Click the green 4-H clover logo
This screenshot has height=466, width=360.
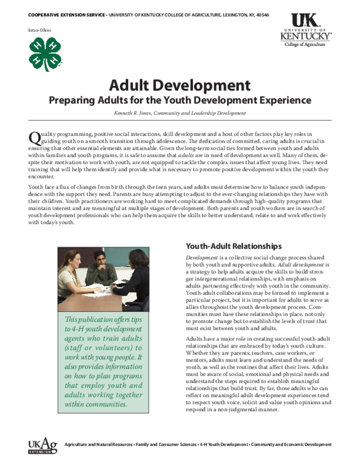point(45,54)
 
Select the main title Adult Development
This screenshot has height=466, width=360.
point(180,85)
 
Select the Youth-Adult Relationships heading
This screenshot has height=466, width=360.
point(233,247)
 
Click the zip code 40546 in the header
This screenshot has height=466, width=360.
point(262,15)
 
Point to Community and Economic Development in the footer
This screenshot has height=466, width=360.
point(291,444)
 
